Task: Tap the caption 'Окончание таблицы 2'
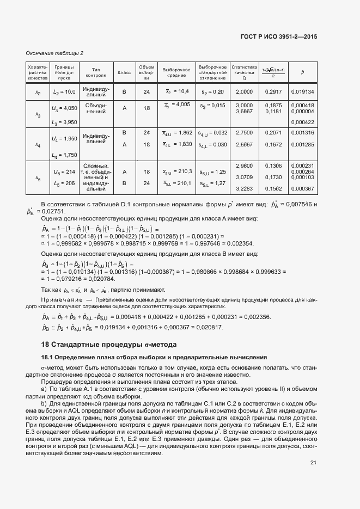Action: [54, 53]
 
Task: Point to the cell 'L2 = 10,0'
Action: [64, 93]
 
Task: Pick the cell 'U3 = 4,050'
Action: [64, 108]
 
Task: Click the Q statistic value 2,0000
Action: [243, 92]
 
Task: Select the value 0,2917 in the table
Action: [273, 92]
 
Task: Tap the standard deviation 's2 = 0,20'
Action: [212, 92]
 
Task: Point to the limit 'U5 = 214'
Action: [64, 171]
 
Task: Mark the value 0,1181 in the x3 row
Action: [273, 111]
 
